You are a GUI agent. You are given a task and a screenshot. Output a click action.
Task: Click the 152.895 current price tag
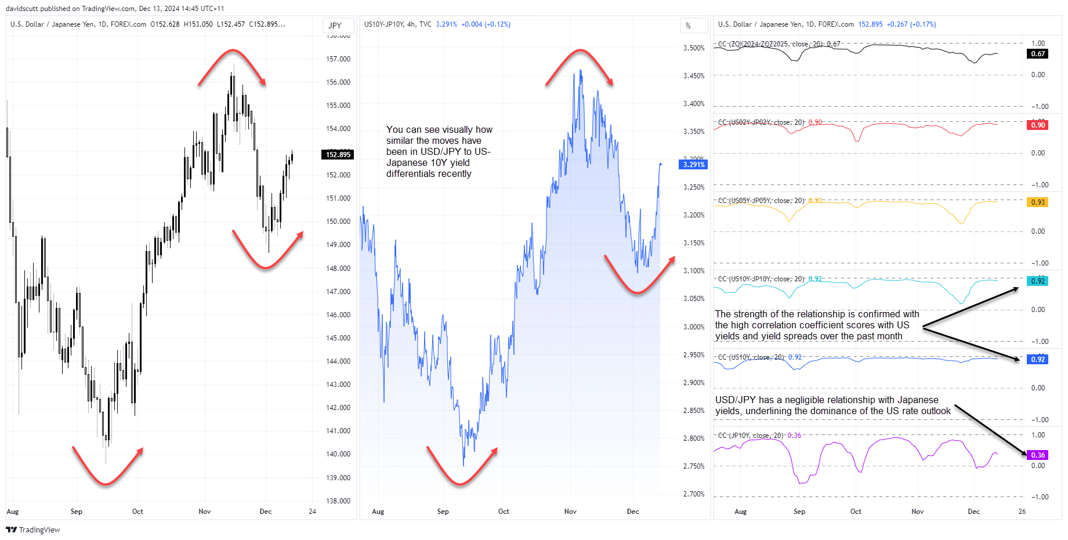pyautogui.click(x=338, y=154)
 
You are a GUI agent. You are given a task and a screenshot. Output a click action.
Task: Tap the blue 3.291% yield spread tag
pyautogui.click(x=693, y=165)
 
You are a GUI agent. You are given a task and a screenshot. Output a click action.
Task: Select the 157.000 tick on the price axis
pyautogui.click(x=338, y=59)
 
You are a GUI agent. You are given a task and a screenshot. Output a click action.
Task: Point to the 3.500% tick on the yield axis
pyautogui.click(x=694, y=48)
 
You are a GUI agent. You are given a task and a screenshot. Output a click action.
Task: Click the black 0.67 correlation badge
pyautogui.click(x=1038, y=54)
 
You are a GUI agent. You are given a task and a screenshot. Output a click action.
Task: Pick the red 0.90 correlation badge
pyautogui.click(x=1038, y=125)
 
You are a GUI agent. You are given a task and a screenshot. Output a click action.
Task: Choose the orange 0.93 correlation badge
pyautogui.click(x=1038, y=202)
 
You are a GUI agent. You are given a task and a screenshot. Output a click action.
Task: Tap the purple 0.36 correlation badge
pyautogui.click(x=1038, y=455)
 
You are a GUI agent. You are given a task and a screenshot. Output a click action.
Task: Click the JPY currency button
pyautogui.click(x=335, y=26)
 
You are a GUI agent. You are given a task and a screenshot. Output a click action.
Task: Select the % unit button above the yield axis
pyautogui.click(x=689, y=26)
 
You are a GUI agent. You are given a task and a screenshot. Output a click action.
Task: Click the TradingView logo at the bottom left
pyautogui.click(x=33, y=530)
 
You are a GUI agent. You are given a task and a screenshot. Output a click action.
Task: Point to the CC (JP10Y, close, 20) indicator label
pyautogui.click(x=751, y=436)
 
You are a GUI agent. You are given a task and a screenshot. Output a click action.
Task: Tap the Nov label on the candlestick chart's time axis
pyautogui.click(x=205, y=512)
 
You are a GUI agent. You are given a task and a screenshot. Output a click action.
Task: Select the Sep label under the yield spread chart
pyautogui.click(x=443, y=512)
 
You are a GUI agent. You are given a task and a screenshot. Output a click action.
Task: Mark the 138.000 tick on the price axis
pyautogui.click(x=338, y=501)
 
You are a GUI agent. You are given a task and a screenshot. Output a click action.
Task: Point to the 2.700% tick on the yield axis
pyautogui.click(x=694, y=494)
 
